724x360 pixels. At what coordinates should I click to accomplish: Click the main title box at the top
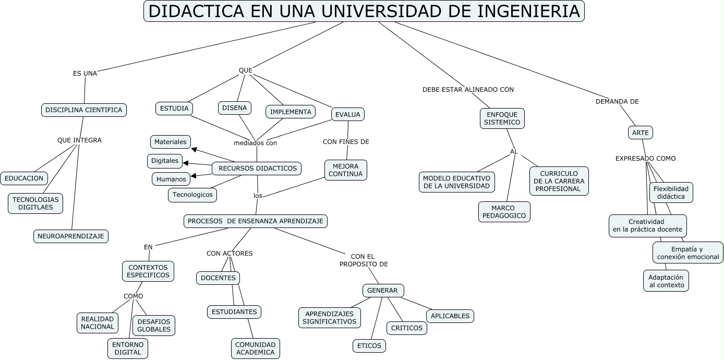pyautogui.click(x=364, y=11)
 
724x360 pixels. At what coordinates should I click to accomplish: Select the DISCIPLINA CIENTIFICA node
pyautogui.click(x=84, y=110)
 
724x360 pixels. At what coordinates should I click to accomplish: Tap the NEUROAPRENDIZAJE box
pyautogui.click(x=71, y=236)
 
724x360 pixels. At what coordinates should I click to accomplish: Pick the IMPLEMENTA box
pyautogui.click(x=291, y=112)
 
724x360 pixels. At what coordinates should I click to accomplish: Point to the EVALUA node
pyautogui.click(x=348, y=114)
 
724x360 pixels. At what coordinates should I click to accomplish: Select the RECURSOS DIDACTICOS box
pyautogui.click(x=257, y=169)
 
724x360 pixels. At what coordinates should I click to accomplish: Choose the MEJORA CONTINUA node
pyautogui.click(x=345, y=170)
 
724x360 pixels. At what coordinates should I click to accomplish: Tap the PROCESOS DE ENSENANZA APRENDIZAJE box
pyautogui.click(x=256, y=221)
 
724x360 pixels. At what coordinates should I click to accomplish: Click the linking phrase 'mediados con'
pyautogui.click(x=255, y=143)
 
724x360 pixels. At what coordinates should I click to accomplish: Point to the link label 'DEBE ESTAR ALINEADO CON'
pyautogui.click(x=468, y=90)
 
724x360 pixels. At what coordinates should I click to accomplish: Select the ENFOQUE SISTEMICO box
pyautogui.click(x=502, y=118)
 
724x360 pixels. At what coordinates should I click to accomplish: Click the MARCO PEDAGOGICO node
pyautogui.click(x=504, y=212)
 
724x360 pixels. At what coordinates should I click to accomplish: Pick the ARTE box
pyautogui.click(x=640, y=133)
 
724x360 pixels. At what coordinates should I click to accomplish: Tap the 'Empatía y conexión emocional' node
pyautogui.click(x=687, y=253)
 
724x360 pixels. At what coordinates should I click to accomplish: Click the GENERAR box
pyautogui.click(x=382, y=291)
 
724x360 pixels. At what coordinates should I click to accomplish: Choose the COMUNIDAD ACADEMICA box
pyautogui.click(x=255, y=349)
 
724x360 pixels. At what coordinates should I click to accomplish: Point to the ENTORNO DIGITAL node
pyautogui.click(x=128, y=349)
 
